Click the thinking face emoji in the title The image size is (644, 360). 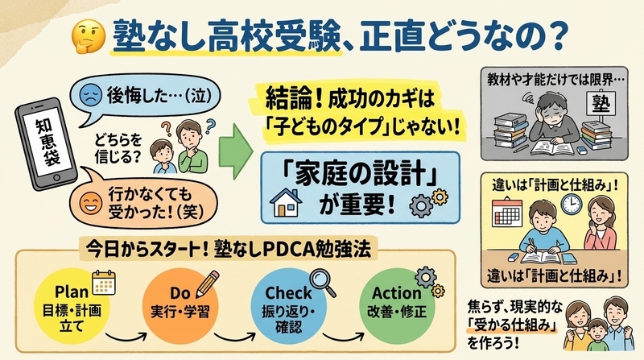pos(89,36)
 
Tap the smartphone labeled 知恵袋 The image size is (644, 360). pos(46,144)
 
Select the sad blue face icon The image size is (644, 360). pos(91,94)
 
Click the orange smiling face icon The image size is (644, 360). pos(91,203)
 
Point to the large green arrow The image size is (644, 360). pos(235,151)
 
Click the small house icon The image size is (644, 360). pos(286,202)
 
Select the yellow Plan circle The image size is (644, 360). pos(72,306)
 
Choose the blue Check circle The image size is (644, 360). pos(289,306)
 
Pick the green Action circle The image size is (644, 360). pos(397,306)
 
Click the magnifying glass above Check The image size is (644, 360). pos(323,283)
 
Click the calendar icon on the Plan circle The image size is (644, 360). pos(104,283)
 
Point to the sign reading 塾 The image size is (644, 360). pos(601,103)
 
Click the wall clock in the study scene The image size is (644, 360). pos(572,204)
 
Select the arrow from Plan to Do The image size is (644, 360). pos(126,337)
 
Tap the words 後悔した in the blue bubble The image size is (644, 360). pos(138,96)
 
